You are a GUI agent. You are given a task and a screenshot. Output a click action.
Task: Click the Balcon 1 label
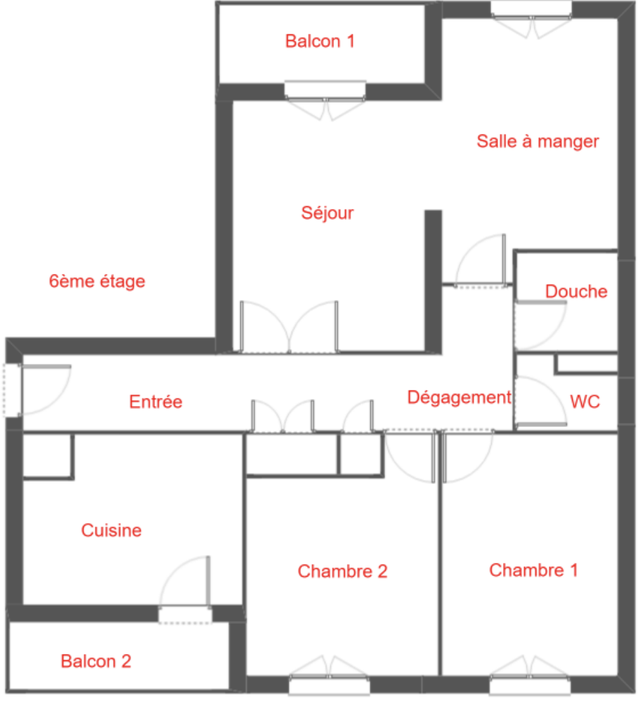point(320,41)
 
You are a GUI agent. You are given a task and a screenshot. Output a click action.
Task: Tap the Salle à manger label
point(538,141)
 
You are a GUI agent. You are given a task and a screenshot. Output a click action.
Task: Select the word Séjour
point(327,214)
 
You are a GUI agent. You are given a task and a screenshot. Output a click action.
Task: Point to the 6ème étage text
point(97,281)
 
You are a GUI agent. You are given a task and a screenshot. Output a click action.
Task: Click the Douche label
point(576,291)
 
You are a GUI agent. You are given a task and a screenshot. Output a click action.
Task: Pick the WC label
point(585,402)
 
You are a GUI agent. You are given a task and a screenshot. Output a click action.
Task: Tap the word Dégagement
point(459,398)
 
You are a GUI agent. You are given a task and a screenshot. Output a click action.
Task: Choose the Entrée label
point(155,402)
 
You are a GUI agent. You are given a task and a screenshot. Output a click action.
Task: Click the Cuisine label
point(111,530)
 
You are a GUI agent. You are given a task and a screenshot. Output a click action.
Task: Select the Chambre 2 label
point(342,571)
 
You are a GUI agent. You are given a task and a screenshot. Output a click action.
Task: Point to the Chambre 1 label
point(533,570)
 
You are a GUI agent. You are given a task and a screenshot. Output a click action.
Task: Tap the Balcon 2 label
point(96,661)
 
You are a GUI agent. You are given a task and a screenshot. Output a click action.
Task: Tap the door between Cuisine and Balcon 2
point(185,590)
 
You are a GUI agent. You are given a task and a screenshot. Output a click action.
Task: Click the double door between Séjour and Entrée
point(289,327)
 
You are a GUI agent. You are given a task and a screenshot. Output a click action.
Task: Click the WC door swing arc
point(550,393)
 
